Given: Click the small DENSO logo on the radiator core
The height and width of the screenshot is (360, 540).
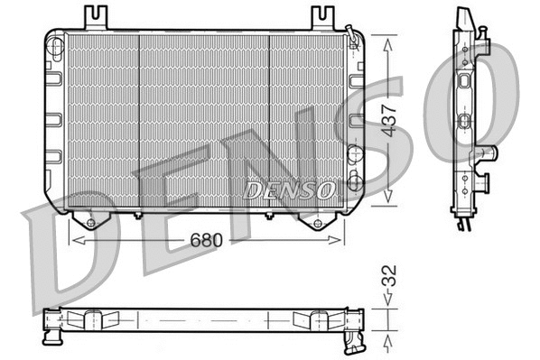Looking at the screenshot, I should (x=290, y=189).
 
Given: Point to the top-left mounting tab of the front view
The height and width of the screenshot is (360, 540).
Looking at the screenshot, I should (x=96, y=17).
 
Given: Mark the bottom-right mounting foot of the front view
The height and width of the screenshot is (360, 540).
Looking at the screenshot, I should (x=317, y=220).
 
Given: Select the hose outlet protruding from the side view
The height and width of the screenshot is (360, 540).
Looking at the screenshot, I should (x=489, y=154).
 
